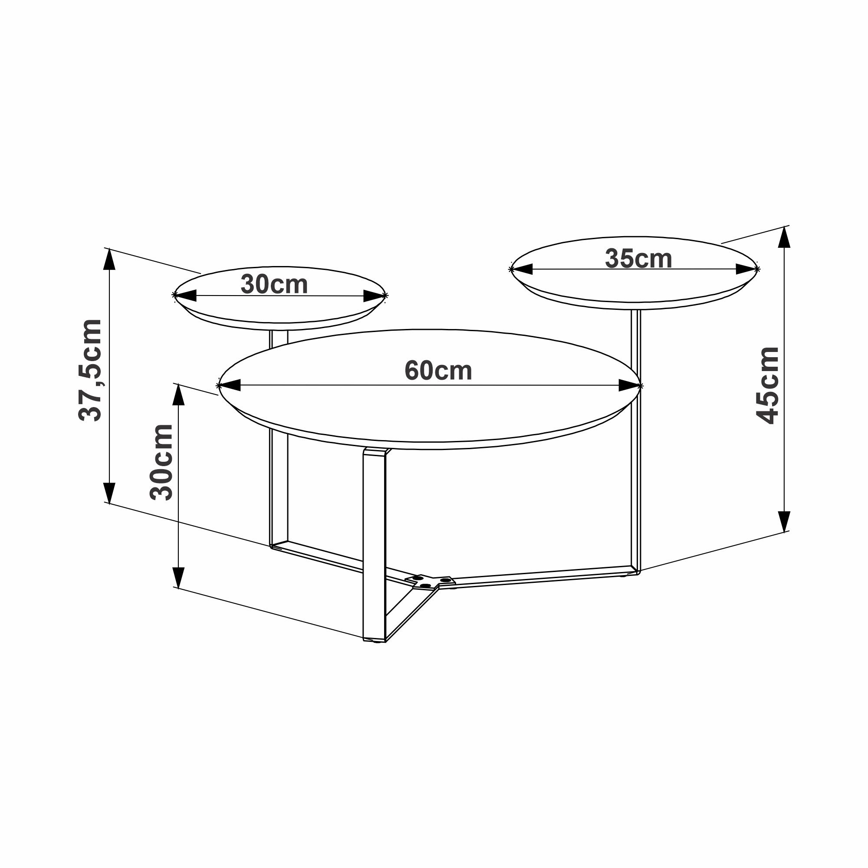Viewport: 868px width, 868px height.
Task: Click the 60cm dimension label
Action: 438,371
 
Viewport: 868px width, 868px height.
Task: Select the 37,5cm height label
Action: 90,370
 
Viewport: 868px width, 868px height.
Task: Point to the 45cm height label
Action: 767,385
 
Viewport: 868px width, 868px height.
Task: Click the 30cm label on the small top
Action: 274,284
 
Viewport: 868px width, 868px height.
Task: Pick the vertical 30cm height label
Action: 161,462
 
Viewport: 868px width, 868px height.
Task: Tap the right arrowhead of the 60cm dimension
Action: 629,385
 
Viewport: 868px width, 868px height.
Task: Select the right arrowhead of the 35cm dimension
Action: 746,269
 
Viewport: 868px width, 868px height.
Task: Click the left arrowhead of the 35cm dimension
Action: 522,269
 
